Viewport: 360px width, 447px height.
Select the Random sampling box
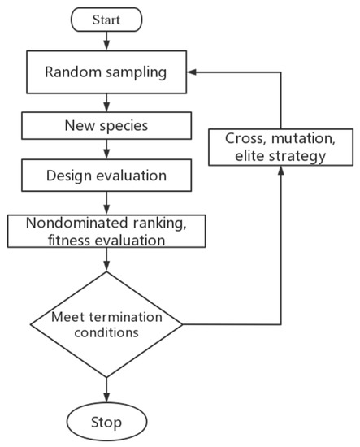[106, 72]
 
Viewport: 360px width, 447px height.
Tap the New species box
[106, 127]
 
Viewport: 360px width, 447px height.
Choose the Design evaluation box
[106, 176]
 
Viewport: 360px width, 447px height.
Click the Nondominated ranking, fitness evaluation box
[106, 232]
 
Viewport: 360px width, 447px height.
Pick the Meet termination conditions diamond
[106, 324]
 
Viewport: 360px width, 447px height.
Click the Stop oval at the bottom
[106, 422]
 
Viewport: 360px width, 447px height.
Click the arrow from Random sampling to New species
[106, 102]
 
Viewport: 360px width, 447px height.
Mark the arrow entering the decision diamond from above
[106, 260]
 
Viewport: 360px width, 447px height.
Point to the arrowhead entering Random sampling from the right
[193, 72]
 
